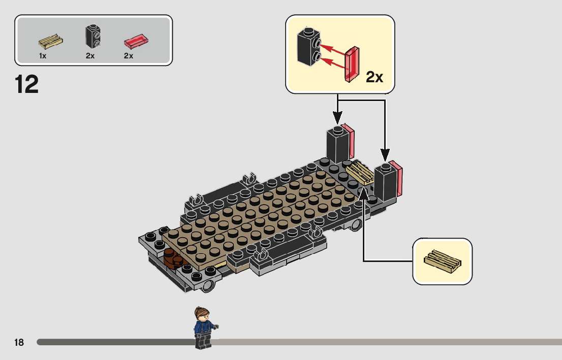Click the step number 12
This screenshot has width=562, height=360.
(x=26, y=84)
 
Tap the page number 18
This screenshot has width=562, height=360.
(x=19, y=342)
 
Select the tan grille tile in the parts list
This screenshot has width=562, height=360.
(x=50, y=42)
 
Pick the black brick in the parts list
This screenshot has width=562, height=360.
(x=93, y=37)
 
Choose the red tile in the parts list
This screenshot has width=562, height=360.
(x=136, y=41)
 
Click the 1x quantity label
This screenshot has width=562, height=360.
(x=43, y=56)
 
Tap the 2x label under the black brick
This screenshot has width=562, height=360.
(x=90, y=56)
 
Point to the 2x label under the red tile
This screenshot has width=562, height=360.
(x=129, y=56)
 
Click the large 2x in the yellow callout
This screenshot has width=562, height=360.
(x=374, y=77)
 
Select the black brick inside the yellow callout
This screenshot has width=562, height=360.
(x=308, y=47)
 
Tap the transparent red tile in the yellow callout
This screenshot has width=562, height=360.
(x=352, y=64)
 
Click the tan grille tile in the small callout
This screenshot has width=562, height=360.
(x=442, y=261)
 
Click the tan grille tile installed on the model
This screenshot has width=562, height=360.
(x=360, y=173)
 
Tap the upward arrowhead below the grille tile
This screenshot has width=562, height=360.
(x=363, y=193)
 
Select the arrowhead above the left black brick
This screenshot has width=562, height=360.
(x=337, y=117)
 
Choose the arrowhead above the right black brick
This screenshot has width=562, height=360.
(x=385, y=155)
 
